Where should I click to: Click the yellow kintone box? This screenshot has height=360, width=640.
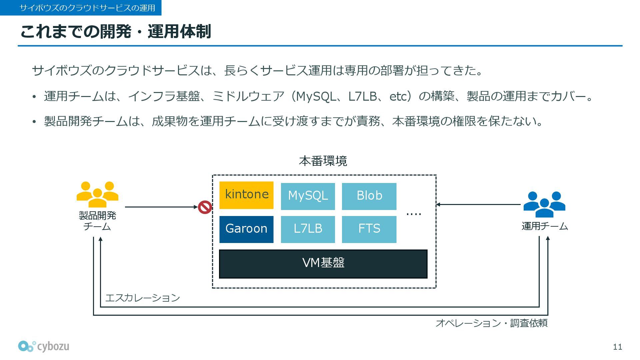coord(246,195)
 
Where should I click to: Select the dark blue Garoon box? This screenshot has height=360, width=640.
coord(246,229)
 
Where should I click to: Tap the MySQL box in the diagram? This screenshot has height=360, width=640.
coord(308,196)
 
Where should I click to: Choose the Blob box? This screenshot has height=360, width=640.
coord(369,196)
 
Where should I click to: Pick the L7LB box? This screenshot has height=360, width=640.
coord(308,229)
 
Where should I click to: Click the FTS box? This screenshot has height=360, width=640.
coord(369,229)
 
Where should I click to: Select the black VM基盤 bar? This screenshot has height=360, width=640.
coord(323,264)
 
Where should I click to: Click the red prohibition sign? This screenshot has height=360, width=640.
coord(205,207)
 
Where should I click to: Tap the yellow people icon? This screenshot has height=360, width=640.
coord(97,194)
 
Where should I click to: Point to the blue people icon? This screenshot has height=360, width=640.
coord(544,204)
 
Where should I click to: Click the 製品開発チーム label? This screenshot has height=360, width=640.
coord(97,221)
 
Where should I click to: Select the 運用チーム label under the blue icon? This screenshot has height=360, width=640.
coord(545,226)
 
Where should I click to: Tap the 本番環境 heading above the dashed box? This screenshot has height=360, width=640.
coord(323,161)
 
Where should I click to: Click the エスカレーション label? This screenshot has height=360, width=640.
coord(143,298)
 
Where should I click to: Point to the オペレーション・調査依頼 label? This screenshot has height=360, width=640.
coord(491,323)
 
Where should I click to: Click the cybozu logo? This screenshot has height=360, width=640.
coord(44,346)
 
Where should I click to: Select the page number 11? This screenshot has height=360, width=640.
coord(617,347)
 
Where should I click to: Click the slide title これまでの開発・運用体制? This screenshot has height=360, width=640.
coord(115,32)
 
